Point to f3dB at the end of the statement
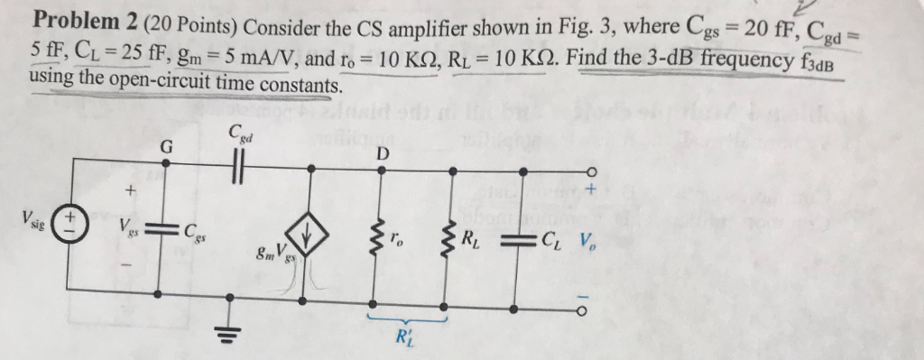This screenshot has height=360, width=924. (817, 65)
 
